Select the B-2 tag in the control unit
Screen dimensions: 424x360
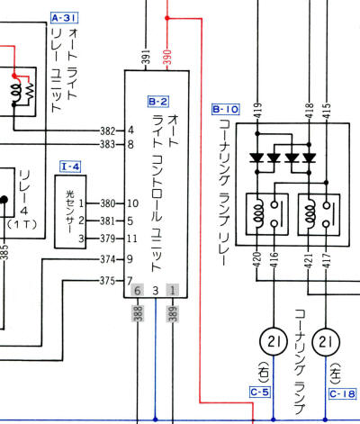(x=157, y=103)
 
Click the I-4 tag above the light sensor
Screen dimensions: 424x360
(x=70, y=167)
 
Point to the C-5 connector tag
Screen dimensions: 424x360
(x=259, y=392)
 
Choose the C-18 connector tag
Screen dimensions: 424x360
(x=342, y=393)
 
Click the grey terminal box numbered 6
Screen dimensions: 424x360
(x=138, y=292)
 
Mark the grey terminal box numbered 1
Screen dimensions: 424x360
(x=173, y=292)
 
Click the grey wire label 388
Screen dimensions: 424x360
(x=138, y=312)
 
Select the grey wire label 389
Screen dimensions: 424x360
(x=173, y=312)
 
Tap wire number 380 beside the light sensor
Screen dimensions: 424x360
(x=108, y=203)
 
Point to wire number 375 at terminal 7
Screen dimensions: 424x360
(x=108, y=280)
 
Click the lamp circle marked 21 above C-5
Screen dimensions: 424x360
(x=273, y=341)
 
